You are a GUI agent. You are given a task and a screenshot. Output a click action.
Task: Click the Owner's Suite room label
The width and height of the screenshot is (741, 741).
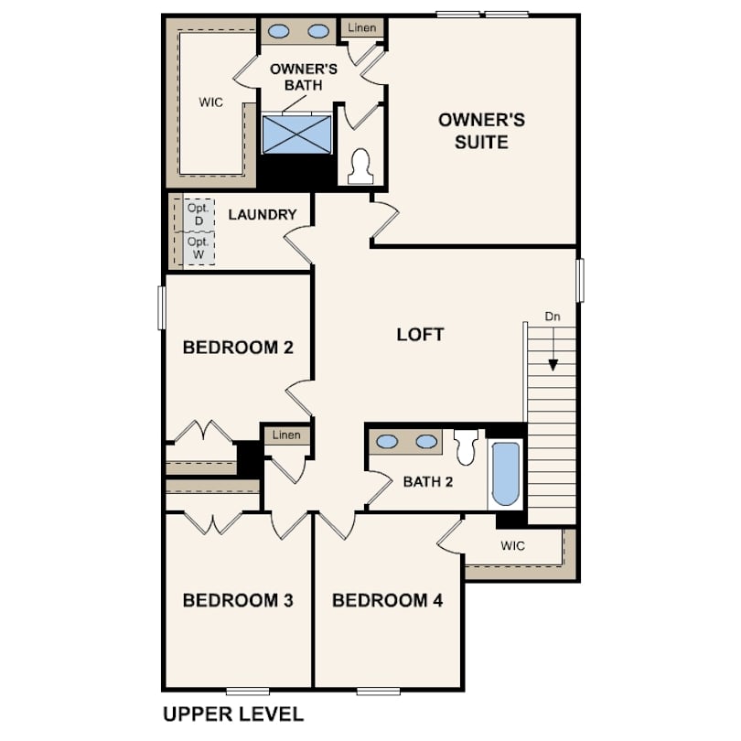[x=481, y=131]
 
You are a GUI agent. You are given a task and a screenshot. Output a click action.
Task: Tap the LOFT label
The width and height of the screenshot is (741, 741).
[x=420, y=335]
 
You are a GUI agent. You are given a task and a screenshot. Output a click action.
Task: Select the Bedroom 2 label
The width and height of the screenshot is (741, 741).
[x=238, y=348]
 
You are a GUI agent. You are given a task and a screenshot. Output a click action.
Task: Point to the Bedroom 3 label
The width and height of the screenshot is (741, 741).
[x=238, y=600]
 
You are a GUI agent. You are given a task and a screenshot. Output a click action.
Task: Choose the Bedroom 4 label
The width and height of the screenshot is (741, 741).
[x=388, y=600]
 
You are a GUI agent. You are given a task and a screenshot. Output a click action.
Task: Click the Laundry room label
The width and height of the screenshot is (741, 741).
[x=263, y=215]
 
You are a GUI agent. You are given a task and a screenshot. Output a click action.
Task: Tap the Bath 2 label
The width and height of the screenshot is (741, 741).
[x=428, y=481]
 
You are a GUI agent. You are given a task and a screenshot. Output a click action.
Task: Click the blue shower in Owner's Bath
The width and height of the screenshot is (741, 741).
[x=296, y=134]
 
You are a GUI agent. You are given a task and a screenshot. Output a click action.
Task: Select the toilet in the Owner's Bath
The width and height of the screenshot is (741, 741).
[x=361, y=166]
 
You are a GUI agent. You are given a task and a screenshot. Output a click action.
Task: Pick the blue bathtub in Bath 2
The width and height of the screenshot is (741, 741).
[x=506, y=474]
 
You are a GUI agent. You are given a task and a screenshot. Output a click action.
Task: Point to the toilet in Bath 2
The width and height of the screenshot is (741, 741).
[x=465, y=447]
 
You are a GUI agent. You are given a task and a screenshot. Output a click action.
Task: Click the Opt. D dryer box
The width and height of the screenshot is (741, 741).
[x=199, y=215]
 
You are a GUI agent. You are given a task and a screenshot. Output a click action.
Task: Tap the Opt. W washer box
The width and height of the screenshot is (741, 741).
[x=199, y=248]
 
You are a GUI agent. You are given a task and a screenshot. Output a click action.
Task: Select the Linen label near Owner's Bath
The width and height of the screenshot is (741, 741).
[x=362, y=27]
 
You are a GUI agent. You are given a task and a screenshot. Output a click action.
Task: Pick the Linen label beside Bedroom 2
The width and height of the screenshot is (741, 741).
[x=286, y=435]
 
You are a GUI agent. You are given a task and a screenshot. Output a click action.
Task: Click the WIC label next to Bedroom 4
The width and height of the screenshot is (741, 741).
[x=512, y=546]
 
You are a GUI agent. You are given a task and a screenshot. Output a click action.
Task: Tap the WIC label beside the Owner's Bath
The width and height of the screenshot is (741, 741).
[x=210, y=102]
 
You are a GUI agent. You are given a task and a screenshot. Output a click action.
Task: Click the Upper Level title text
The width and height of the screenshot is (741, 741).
[x=233, y=714]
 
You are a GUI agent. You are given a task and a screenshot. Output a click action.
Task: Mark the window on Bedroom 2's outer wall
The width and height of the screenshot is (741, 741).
[x=162, y=307]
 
